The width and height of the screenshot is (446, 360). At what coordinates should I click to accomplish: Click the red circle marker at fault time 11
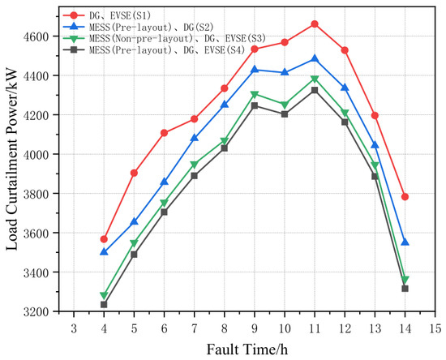(315, 24)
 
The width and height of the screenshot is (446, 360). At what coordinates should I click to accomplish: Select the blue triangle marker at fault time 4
(104, 251)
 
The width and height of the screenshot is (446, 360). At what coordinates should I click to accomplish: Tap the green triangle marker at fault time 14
(405, 280)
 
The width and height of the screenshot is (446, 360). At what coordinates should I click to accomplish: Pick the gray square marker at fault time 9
(255, 105)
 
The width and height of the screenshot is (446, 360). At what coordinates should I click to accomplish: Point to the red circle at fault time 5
(134, 173)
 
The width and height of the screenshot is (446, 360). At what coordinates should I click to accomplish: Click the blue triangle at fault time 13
(375, 145)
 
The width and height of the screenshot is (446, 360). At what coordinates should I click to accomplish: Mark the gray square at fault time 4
(104, 305)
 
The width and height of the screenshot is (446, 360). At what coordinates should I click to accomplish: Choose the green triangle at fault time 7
(195, 165)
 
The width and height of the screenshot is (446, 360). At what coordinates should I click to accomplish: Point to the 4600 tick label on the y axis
(40, 36)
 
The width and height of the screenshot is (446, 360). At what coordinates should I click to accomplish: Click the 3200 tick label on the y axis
(40, 312)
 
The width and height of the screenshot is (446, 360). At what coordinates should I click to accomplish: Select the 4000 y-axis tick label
(40, 154)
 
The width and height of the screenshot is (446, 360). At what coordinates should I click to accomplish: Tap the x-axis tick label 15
(435, 328)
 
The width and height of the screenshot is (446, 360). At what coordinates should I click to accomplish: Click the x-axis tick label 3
(74, 328)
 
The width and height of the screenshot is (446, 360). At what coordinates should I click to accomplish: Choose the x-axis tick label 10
(285, 328)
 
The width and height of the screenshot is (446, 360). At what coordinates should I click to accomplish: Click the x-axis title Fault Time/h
(247, 349)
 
